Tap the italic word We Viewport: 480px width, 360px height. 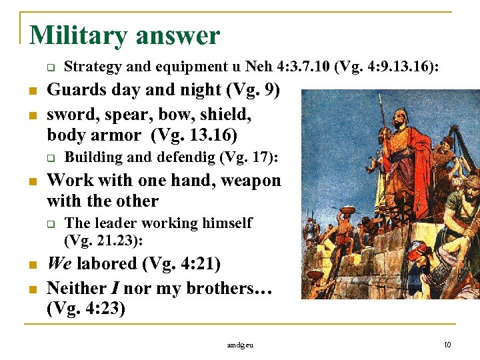pyautogui.click(x=59, y=263)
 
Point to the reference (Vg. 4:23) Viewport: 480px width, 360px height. pyautogui.click(x=86, y=309)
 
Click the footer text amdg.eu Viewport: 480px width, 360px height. pyautogui.click(x=240, y=345)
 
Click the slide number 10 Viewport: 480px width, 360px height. pyautogui.click(x=447, y=345)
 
